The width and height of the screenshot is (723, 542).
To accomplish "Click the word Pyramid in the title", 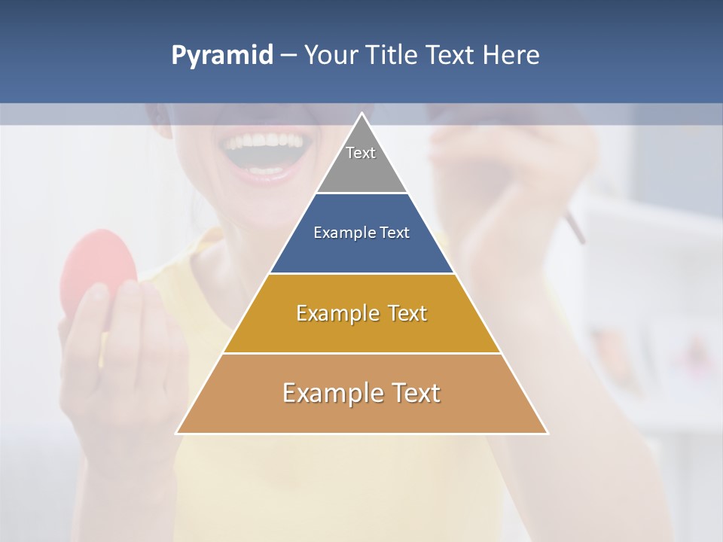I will coord(221,56).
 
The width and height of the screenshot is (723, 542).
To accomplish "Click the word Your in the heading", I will coord(329,55).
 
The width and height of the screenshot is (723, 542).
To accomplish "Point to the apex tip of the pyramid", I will coord(362,114).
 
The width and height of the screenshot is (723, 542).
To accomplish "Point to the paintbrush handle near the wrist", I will coord(575,227).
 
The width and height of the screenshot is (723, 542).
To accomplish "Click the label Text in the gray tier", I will coord(361,153).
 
